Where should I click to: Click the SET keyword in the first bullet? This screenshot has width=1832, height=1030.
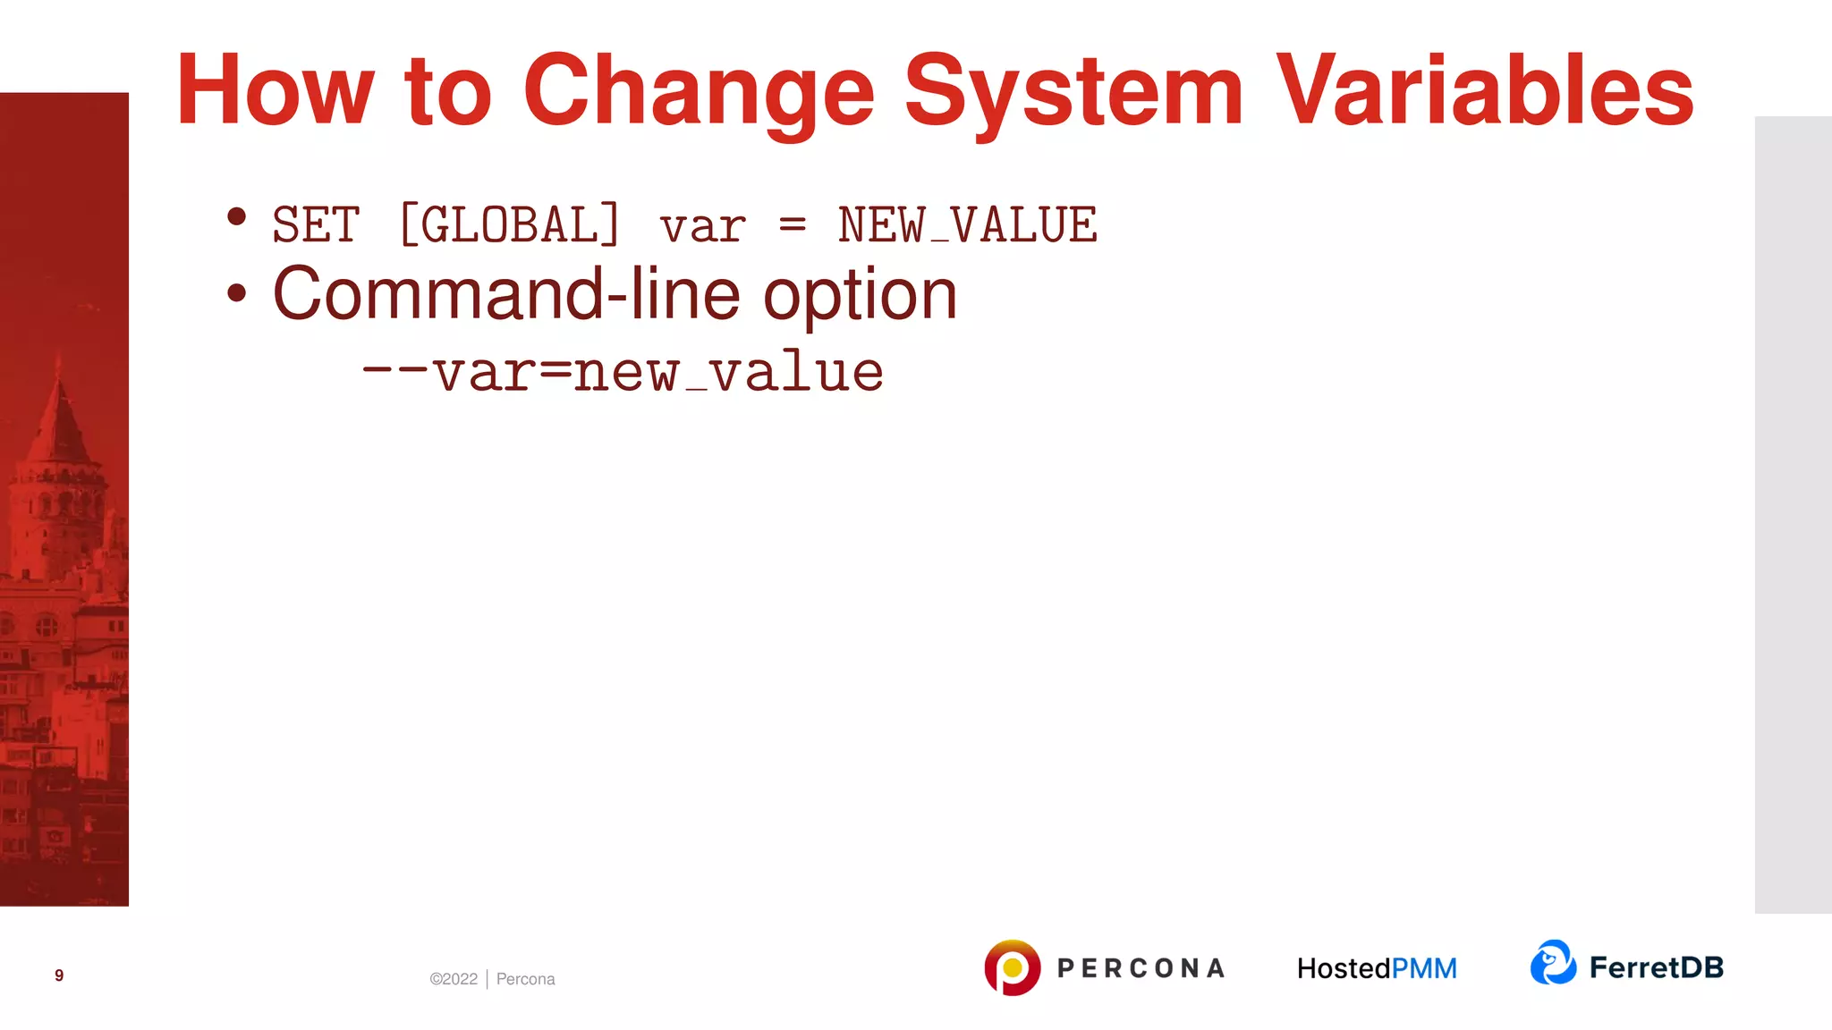coord(316,224)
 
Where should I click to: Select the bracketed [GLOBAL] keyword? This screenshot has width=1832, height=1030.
coord(509,224)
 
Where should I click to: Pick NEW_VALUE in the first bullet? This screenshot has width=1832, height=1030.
coord(967,224)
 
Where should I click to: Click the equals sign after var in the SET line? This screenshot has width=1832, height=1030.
coord(793,224)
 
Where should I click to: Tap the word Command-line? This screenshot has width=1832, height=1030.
coord(506,294)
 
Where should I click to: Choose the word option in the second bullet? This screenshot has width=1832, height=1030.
coord(860,296)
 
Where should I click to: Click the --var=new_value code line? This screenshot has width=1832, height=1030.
coord(623,372)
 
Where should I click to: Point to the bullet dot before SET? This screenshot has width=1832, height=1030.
coord(236,216)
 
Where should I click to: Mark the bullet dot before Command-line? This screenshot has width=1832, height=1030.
coord(236,293)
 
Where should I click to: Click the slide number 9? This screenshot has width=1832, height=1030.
coord(59,975)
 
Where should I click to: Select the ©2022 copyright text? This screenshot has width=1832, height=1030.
coord(454,979)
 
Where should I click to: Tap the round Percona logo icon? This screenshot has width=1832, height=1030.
coord(1012,967)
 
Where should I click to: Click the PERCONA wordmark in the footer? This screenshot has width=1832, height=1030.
coord(1141,968)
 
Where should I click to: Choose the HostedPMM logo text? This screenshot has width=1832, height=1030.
coord(1377,968)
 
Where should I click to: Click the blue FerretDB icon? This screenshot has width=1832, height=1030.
coord(1553,963)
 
